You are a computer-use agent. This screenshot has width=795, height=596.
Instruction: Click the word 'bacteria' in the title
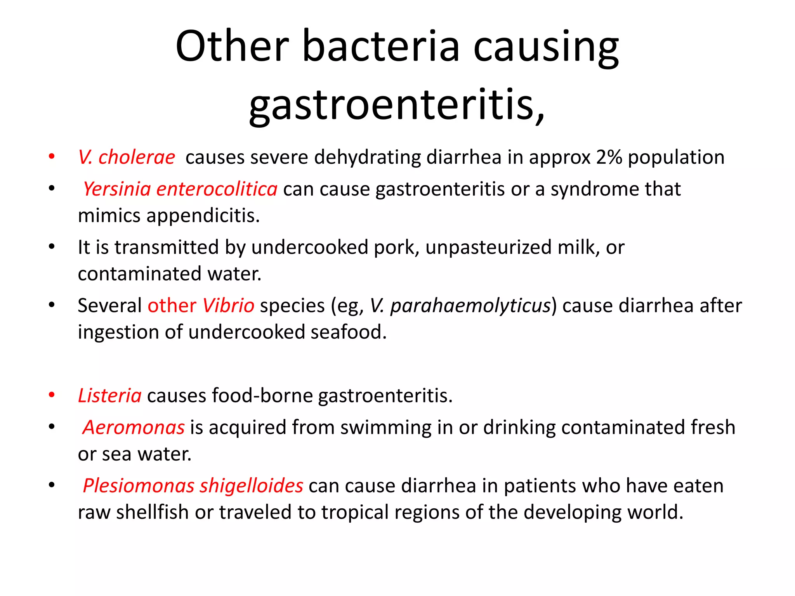click(380, 47)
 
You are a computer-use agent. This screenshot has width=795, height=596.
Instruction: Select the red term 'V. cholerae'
click(127, 158)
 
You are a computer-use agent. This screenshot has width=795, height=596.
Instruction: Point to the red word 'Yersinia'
click(117, 189)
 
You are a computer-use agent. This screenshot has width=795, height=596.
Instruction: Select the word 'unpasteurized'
click(488, 248)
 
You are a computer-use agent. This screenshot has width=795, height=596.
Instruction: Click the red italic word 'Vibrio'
click(228, 306)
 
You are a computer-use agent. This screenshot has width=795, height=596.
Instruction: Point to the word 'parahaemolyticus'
click(470, 306)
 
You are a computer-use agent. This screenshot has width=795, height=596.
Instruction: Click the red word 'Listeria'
click(110, 396)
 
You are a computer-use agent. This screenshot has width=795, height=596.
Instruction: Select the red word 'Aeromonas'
click(134, 428)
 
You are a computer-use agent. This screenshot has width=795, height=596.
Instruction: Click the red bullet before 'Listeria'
click(52, 395)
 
